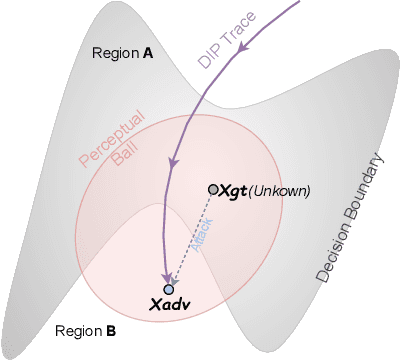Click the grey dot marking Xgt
(x=213, y=189)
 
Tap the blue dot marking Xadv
(x=168, y=289)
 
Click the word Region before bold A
(x=113, y=53)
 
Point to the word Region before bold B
(x=78, y=330)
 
